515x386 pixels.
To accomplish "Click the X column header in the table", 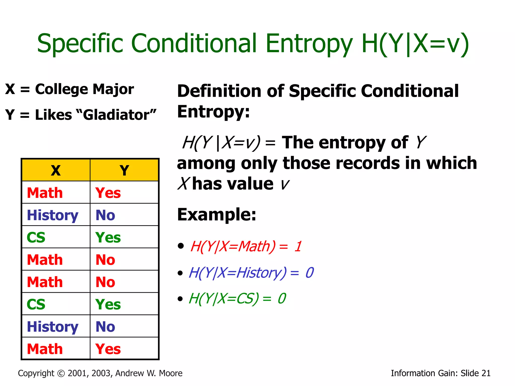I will [56, 170].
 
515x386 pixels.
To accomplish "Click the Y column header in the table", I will [124, 170].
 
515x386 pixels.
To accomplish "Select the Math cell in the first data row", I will [45, 193].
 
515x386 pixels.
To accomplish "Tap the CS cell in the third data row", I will [36, 237].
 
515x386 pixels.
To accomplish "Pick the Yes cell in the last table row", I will [108, 349].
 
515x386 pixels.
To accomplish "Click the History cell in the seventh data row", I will [53, 327].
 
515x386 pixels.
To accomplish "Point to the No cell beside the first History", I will [105, 215].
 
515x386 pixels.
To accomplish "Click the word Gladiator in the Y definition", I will [116, 115].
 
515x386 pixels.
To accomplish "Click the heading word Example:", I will [217, 215].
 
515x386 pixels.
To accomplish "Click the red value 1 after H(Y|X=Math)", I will [298, 246].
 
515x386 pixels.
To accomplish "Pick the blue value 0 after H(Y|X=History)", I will [310, 273].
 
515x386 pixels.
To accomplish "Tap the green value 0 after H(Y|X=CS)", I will [282, 299].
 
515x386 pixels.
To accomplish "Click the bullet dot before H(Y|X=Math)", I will [181, 246].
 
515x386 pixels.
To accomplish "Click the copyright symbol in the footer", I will [61, 373].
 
